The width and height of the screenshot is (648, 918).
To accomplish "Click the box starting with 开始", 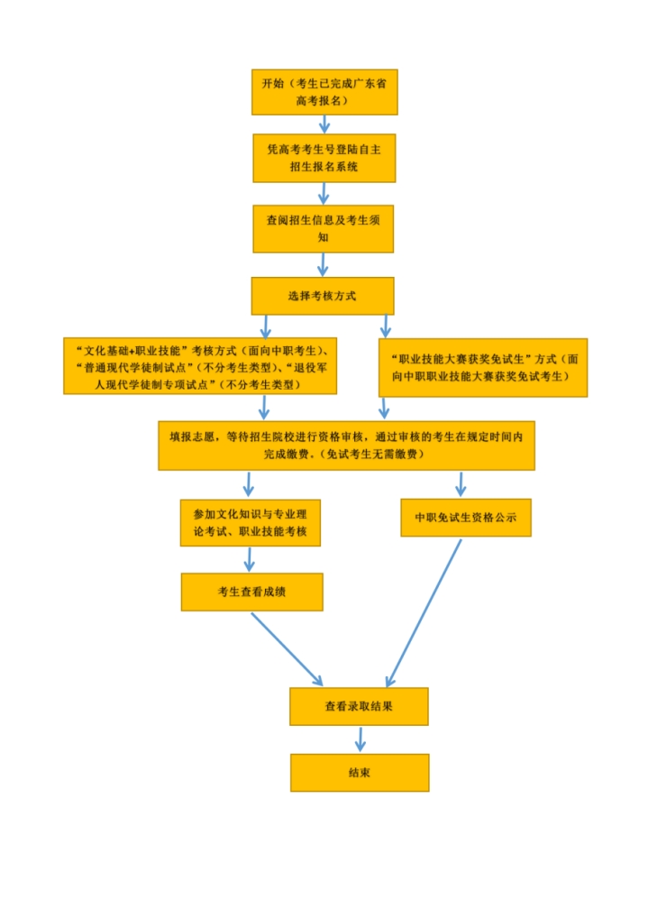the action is (x=324, y=92).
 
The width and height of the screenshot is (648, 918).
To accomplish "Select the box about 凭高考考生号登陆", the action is (x=324, y=158).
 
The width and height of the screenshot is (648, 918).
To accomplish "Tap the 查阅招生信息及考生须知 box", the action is (x=324, y=229).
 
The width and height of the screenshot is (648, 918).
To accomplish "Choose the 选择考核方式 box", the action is (x=323, y=296).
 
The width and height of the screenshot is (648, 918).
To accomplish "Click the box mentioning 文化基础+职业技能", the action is (x=200, y=366).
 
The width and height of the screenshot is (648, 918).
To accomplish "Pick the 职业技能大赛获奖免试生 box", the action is (x=483, y=368).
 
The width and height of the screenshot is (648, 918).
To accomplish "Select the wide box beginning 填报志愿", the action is (x=347, y=445).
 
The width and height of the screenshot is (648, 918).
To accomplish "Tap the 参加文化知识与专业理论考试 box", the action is (x=251, y=523).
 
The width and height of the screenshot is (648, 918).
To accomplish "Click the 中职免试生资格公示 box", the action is (x=466, y=518).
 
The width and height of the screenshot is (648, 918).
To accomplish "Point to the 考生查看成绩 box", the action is (x=252, y=592).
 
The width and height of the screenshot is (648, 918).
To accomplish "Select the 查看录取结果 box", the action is (x=359, y=707).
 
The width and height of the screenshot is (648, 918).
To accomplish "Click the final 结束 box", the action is (x=360, y=773).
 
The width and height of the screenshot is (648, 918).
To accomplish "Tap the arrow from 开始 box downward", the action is (x=324, y=124).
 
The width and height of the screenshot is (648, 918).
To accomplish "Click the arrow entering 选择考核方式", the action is (x=323, y=264).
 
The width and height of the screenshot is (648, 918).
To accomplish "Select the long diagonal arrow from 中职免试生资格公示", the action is (x=424, y=613).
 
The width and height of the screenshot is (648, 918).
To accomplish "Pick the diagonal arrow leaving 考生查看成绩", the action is (x=287, y=649).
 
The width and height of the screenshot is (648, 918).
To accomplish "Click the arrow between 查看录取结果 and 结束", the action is (x=360, y=739).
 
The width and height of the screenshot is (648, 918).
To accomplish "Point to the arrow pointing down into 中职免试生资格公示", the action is (x=461, y=484).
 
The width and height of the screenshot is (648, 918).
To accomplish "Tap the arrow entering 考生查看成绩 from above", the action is (x=250, y=560).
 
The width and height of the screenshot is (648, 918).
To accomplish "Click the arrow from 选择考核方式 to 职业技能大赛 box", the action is (x=385, y=326).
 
